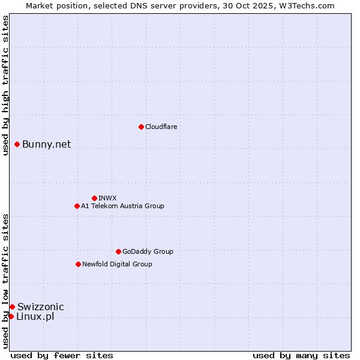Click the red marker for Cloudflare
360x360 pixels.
141,127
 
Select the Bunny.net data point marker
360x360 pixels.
17,144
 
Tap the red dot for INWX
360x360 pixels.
94,198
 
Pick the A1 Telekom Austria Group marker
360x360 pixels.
77,206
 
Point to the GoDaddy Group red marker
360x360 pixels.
118,251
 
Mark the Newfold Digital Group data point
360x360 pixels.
78,264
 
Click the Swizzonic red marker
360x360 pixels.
12,307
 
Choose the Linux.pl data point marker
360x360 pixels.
11,316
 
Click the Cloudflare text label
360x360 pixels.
161,127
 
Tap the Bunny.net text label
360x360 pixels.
46,144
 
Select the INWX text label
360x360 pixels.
107,198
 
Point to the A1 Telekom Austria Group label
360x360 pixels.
122,206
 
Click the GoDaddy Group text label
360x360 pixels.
148,251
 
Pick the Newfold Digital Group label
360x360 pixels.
117,264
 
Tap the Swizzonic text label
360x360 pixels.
40,307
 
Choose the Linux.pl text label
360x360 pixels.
35,316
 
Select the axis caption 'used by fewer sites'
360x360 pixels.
62,355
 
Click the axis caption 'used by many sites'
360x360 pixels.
301,355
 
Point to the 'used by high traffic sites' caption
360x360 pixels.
5,85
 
